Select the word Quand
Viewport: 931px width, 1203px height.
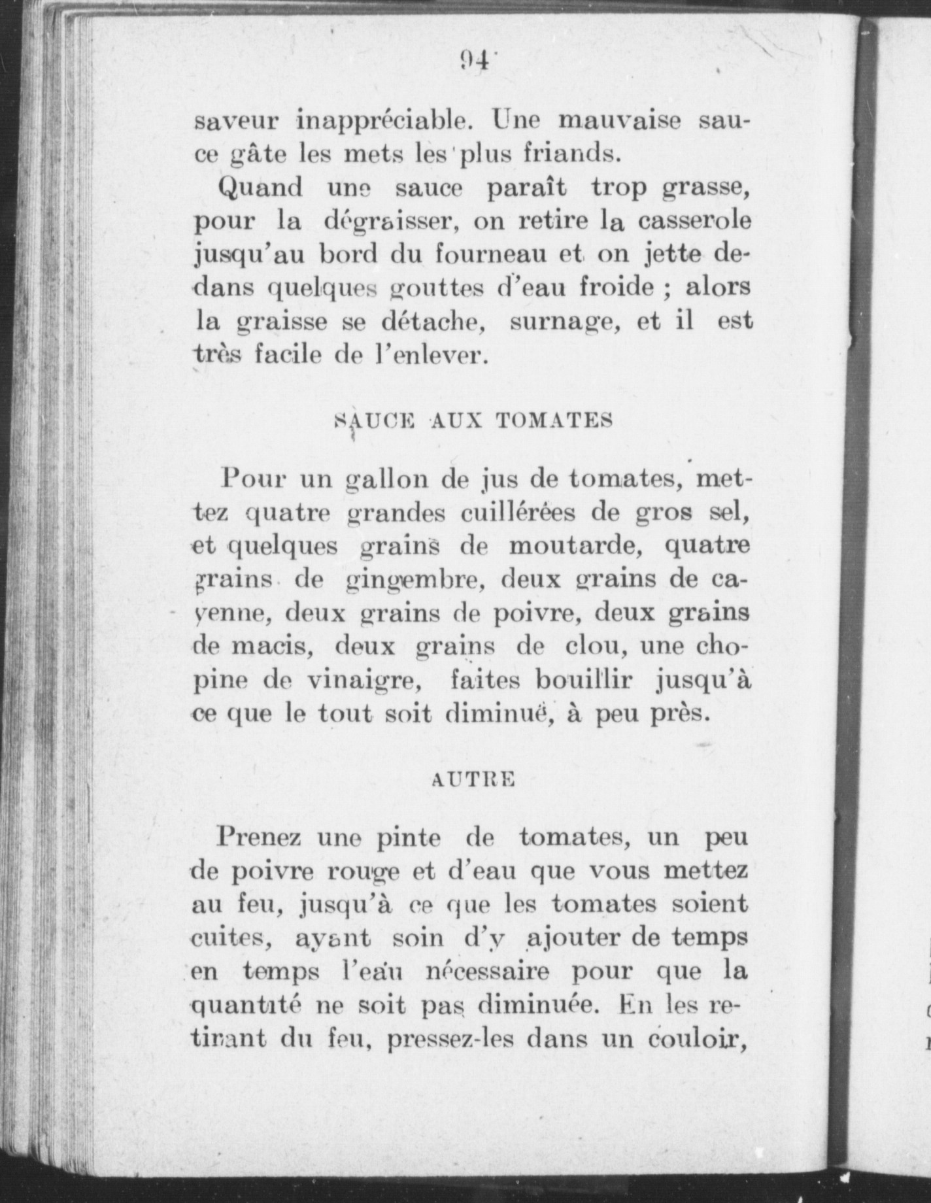262,189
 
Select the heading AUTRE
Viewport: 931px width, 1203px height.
474,780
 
